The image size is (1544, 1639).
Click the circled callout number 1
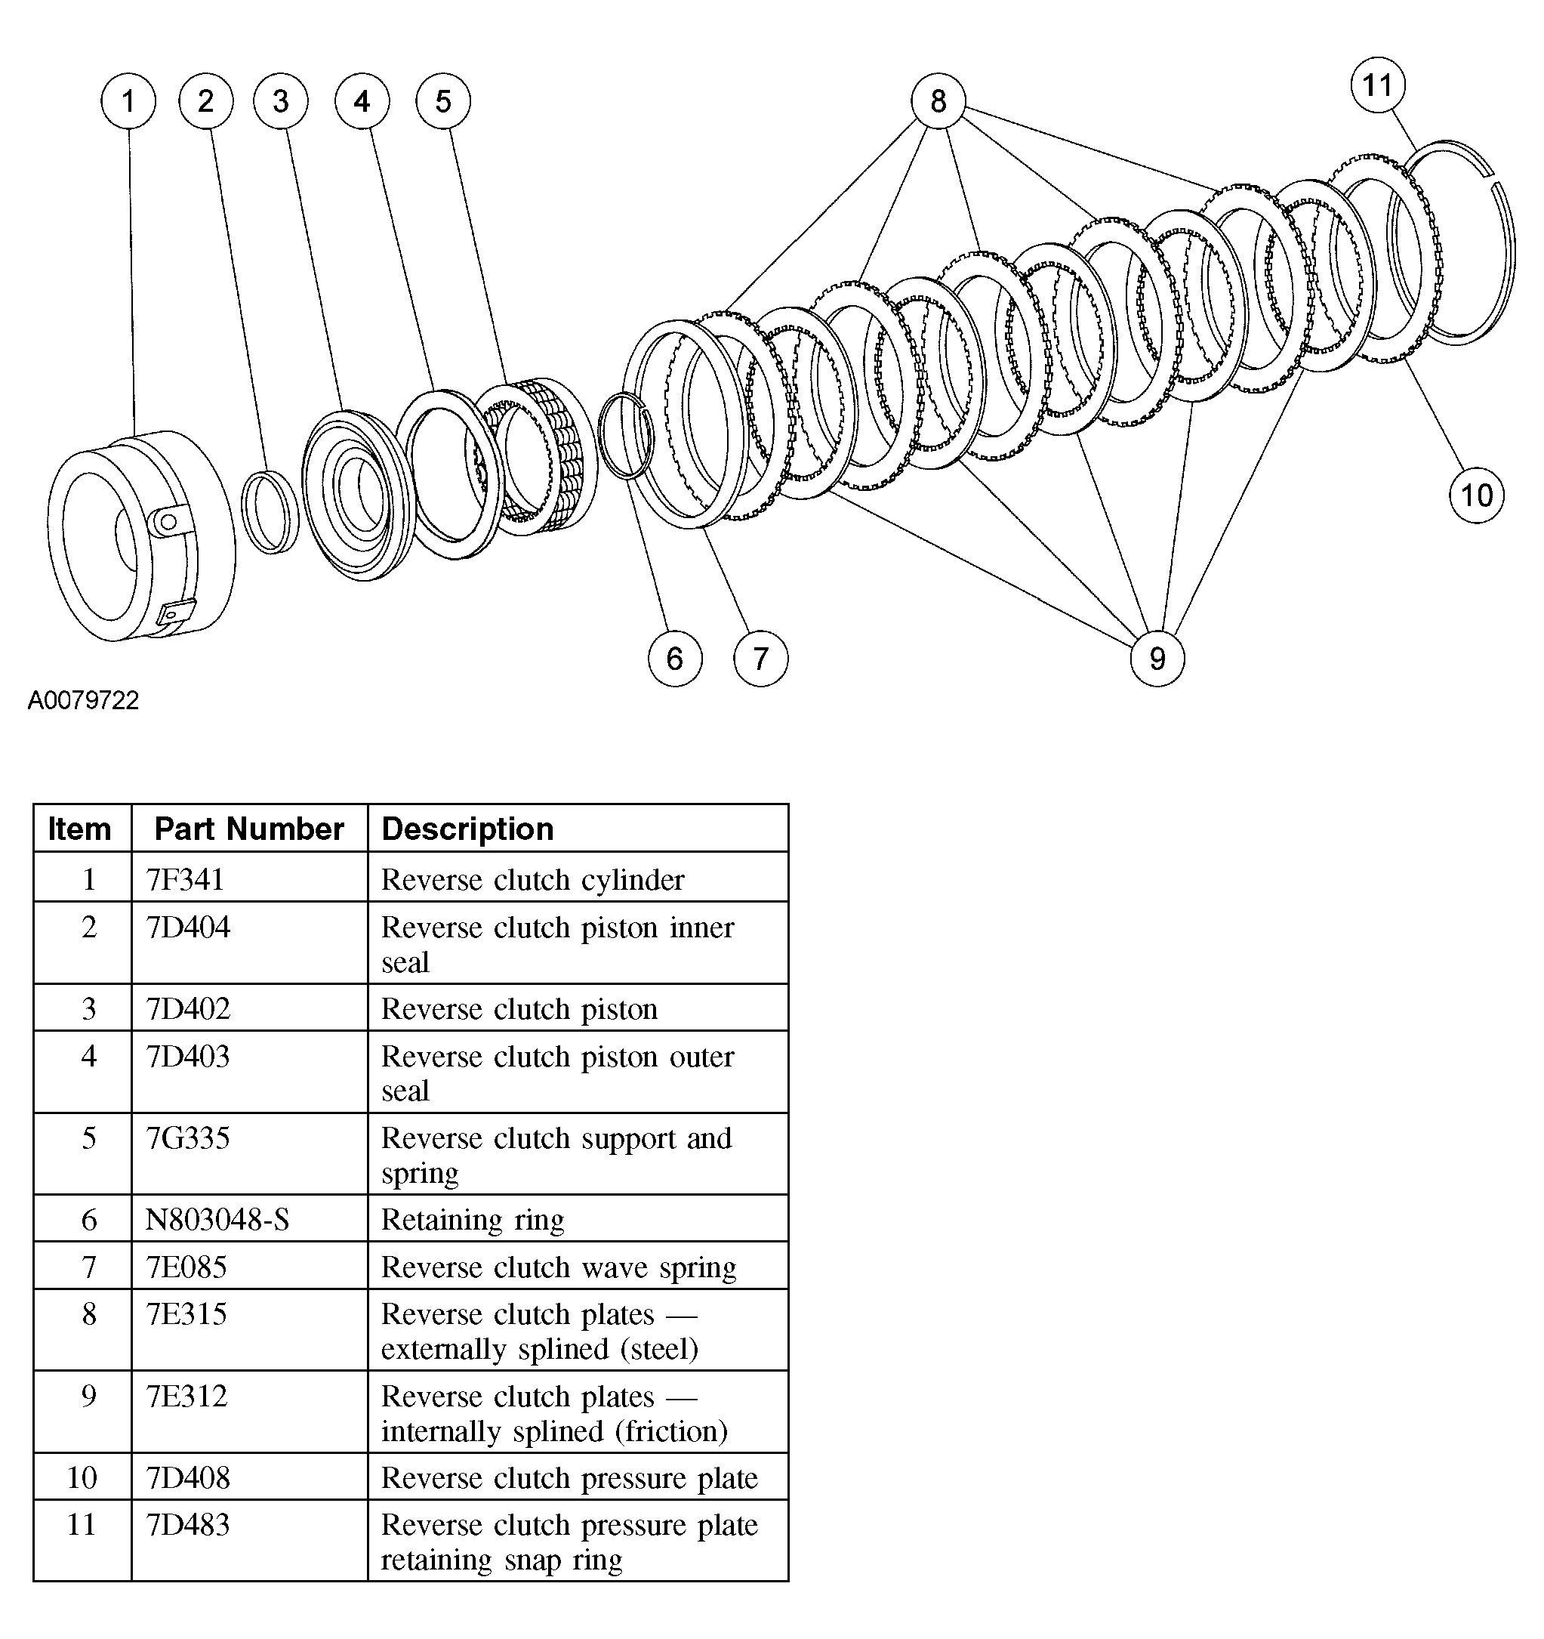tap(128, 101)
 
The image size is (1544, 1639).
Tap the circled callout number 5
tap(442, 101)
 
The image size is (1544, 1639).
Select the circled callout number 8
tap(938, 101)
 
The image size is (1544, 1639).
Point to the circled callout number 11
tap(1377, 85)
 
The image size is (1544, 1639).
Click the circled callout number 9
tap(1157, 658)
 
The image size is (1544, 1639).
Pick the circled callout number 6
tap(674, 658)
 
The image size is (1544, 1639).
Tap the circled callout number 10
tap(1475, 495)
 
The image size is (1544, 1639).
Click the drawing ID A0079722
tap(83, 700)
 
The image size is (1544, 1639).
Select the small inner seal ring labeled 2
tap(270, 512)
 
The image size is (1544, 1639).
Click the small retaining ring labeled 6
tap(626, 436)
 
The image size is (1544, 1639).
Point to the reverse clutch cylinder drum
tap(140, 536)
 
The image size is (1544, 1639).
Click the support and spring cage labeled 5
tap(536, 458)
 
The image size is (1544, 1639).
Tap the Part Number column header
tap(249, 829)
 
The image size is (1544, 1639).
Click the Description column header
tap(467, 829)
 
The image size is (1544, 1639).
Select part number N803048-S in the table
tap(217, 1219)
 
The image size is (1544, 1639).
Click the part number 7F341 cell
tap(186, 879)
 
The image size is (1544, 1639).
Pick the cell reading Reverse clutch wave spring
tap(558, 1267)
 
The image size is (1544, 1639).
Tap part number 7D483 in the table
tap(188, 1524)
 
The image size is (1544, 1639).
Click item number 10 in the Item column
tap(82, 1477)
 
